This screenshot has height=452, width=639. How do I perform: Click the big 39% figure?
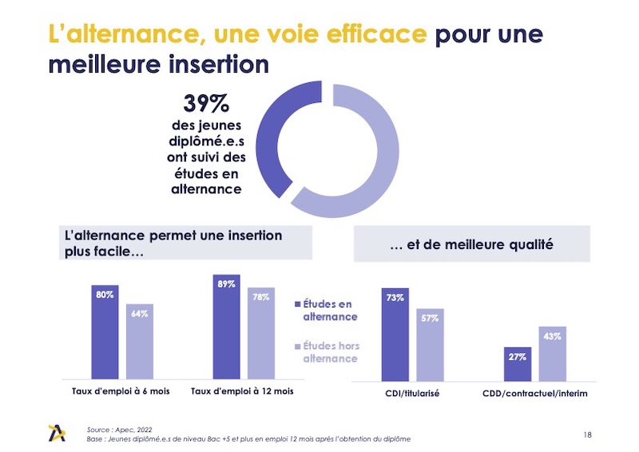[x=206, y=105]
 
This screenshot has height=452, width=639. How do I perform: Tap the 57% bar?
[x=430, y=344]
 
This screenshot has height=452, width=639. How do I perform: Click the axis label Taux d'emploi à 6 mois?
[x=120, y=391]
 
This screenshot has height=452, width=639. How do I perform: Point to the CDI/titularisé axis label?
[x=411, y=394]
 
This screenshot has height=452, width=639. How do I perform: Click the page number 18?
[x=588, y=434]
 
